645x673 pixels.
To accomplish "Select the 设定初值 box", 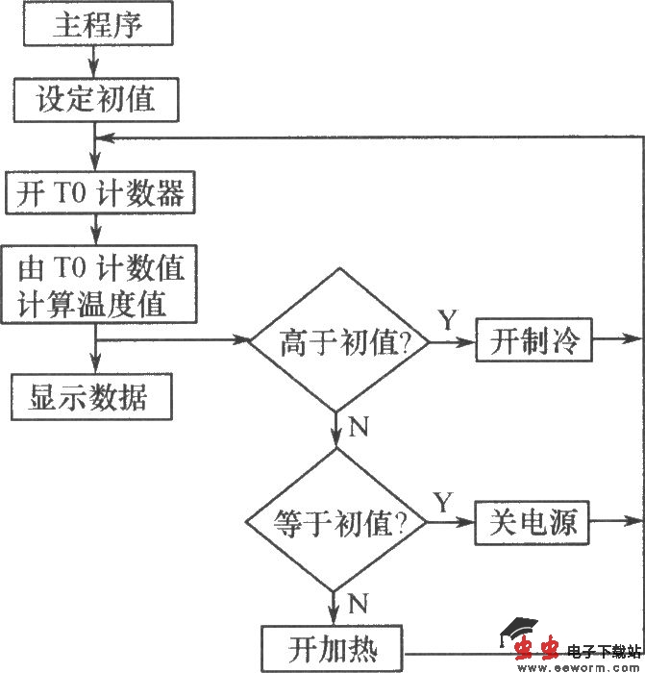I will pyautogui.click(x=95, y=99).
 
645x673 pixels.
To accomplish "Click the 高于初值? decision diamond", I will pyautogui.click(x=338, y=341).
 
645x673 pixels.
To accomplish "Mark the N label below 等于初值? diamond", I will pyautogui.click(x=357, y=603).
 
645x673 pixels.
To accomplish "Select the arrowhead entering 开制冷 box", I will pyautogui.click(x=468, y=341).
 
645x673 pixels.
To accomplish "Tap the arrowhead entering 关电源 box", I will pyautogui.click(x=468, y=524).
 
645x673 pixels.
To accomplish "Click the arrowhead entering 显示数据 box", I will pyautogui.click(x=94, y=366).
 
